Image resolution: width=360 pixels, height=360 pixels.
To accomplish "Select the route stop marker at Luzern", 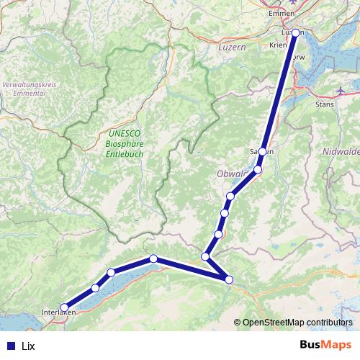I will pyautogui.click(x=295, y=32).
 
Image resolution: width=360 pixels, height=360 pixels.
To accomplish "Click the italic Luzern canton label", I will pyautogui.click(x=232, y=46).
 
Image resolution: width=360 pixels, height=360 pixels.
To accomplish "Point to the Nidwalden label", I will pyautogui.click(x=341, y=152).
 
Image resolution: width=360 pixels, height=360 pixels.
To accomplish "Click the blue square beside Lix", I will pyautogui.click(x=11, y=346).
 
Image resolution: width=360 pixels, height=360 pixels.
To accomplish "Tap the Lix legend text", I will pyautogui.click(x=29, y=346).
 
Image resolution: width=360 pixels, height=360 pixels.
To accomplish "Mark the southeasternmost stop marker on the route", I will pyautogui.click(x=230, y=279).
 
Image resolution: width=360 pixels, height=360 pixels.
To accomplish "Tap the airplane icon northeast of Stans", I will pyautogui.click(x=341, y=91).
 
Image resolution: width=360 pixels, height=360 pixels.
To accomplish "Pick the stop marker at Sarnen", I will pyautogui.click(x=263, y=152).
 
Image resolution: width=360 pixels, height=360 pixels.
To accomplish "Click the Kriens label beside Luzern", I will pyautogui.click(x=278, y=44).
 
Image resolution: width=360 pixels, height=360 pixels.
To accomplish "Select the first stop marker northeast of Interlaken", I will pyautogui.click(x=95, y=288).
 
